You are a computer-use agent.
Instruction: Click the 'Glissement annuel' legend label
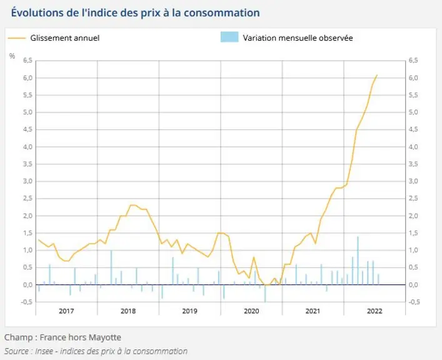point(65,38)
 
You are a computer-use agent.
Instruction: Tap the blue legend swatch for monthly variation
point(229,37)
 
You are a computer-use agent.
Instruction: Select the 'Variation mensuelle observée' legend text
point(298,38)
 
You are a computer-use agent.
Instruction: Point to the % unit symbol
point(12,56)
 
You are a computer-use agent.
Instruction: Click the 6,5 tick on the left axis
point(28,61)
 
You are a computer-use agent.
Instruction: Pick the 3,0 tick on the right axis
point(413,181)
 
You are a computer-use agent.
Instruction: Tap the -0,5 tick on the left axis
point(26,302)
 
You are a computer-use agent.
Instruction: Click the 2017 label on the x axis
point(66,311)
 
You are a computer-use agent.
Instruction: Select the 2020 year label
point(251,311)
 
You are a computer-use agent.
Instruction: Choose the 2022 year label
point(374,311)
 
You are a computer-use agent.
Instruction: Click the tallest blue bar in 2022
point(358,261)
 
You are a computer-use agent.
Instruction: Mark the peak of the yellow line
point(377,75)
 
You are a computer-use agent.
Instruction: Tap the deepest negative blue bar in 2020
point(265,293)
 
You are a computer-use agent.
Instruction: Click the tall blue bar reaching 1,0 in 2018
point(111,267)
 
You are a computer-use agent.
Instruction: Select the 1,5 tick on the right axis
point(413,233)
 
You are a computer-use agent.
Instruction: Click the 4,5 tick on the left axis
point(28,129)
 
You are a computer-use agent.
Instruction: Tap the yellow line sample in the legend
point(17,38)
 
